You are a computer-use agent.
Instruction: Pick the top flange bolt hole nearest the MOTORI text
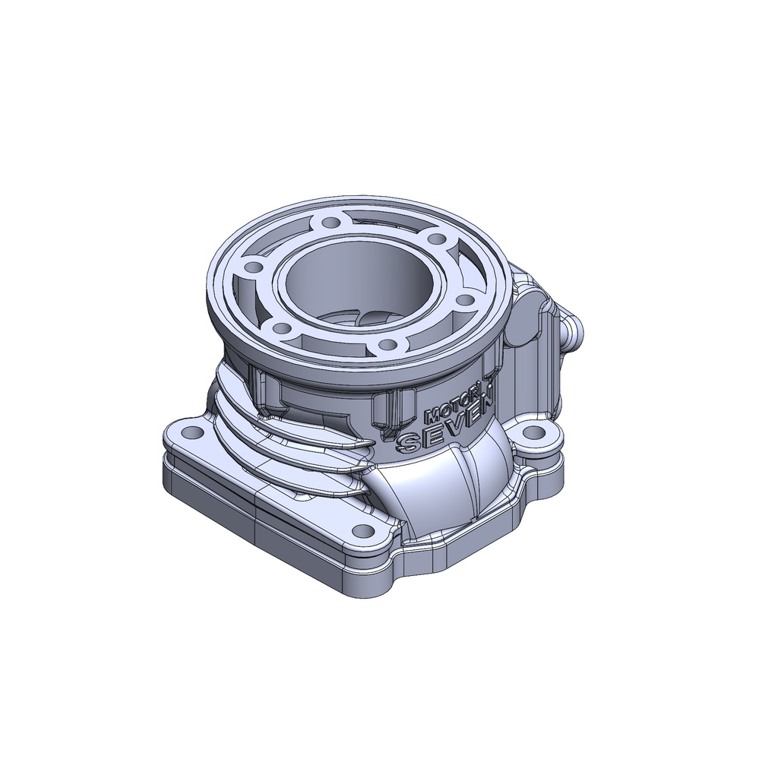[388, 345]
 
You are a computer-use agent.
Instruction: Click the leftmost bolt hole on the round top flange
[250, 267]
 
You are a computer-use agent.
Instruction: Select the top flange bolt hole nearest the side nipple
[464, 299]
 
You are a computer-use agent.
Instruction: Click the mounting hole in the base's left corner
[194, 433]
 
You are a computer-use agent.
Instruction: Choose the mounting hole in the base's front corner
[364, 530]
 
